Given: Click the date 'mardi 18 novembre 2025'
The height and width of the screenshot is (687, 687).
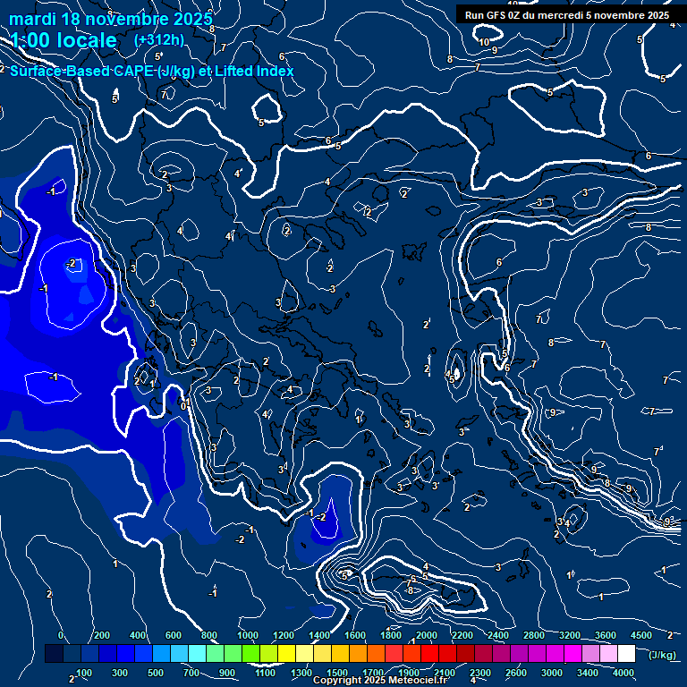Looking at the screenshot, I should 111,19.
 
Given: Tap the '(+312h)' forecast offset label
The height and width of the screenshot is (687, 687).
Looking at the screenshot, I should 158,39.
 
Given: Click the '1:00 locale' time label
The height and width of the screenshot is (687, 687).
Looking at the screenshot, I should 64,40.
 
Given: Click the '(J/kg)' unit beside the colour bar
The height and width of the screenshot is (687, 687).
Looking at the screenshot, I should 661,656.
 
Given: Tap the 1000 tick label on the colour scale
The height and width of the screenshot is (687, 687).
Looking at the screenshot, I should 248,635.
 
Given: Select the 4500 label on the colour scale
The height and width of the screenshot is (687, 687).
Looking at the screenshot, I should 640,635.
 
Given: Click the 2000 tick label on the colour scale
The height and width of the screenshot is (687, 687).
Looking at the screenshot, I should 426,635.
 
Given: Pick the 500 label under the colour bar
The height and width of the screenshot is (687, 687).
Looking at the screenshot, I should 155,673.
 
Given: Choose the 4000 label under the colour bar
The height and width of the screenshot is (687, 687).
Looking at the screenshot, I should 623,673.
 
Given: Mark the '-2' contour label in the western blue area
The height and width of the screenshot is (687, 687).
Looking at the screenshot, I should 72,263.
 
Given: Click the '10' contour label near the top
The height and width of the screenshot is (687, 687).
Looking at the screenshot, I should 484,42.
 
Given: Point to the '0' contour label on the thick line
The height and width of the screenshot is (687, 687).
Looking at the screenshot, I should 183,405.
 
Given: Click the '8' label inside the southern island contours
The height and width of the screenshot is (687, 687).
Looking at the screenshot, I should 410,590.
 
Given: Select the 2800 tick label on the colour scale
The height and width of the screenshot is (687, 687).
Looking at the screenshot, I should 533,635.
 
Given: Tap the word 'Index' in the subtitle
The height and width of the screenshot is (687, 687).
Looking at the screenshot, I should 276,71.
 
